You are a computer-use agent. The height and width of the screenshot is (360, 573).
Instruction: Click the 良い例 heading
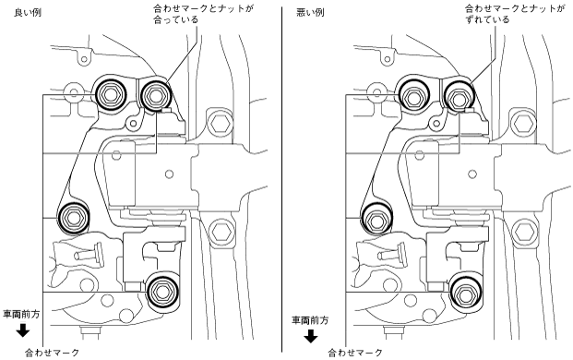[x=28, y=12]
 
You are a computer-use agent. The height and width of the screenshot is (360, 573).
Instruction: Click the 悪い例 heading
[x=310, y=12]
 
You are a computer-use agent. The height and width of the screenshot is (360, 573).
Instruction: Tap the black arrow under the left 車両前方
[x=23, y=330]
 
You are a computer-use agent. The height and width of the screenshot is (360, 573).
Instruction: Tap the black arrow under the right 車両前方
[x=311, y=336]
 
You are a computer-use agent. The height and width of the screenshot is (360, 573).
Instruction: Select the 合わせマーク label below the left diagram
[x=52, y=353]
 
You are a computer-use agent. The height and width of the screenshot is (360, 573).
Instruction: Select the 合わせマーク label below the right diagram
[x=355, y=353]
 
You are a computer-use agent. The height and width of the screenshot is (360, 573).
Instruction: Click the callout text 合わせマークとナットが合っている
[x=203, y=14]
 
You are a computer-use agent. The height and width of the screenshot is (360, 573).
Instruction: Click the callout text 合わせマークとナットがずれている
[x=515, y=14]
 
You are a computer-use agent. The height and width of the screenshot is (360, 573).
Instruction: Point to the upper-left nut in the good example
[x=110, y=94]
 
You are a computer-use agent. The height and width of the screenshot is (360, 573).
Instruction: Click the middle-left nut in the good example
[x=74, y=218]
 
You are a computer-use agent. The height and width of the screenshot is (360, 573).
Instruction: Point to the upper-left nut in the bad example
[x=413, y=96]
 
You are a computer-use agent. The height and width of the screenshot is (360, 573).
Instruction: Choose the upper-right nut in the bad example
[x=459, y=97]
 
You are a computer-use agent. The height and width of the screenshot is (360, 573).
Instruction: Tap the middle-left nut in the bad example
[x=376, y=220]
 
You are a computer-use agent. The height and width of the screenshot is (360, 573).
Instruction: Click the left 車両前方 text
[x=21, y=314]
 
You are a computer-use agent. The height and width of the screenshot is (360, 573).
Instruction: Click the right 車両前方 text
[x=310, y=320]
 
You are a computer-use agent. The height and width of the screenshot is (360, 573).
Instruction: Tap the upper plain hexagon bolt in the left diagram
[x=221, y=123]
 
